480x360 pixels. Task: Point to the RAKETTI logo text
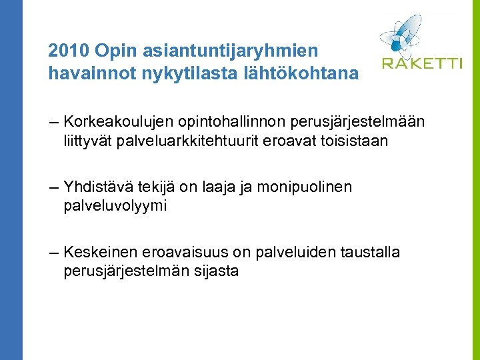pos(421,64)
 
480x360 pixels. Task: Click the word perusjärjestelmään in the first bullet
pos(351,121)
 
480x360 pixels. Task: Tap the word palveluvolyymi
pos(115,206)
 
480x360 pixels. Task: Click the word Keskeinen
pos(100,252)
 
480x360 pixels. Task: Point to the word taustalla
pos(370,252)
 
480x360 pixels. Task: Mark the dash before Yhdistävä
pos(54,187)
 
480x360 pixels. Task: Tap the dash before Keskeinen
pos(54,253)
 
